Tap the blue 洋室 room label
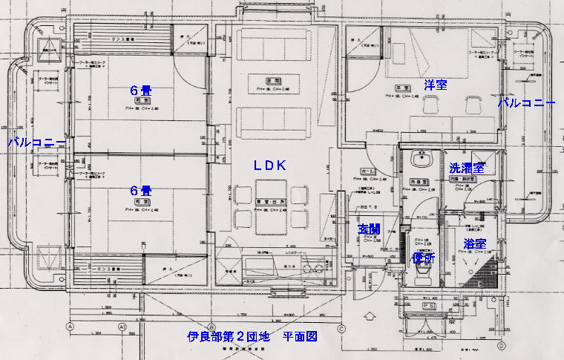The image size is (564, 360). coord(435,84)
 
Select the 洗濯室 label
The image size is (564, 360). coord(467,168)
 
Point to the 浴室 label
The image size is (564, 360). coord(474,243)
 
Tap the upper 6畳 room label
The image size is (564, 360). coord(140,90)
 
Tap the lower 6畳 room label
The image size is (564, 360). coord(140,190)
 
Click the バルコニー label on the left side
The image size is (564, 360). coord(36,141)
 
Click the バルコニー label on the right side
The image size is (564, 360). coord(526,102)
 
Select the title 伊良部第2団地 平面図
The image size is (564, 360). coord(252,336)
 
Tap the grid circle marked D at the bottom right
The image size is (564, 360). coord(502,345)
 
